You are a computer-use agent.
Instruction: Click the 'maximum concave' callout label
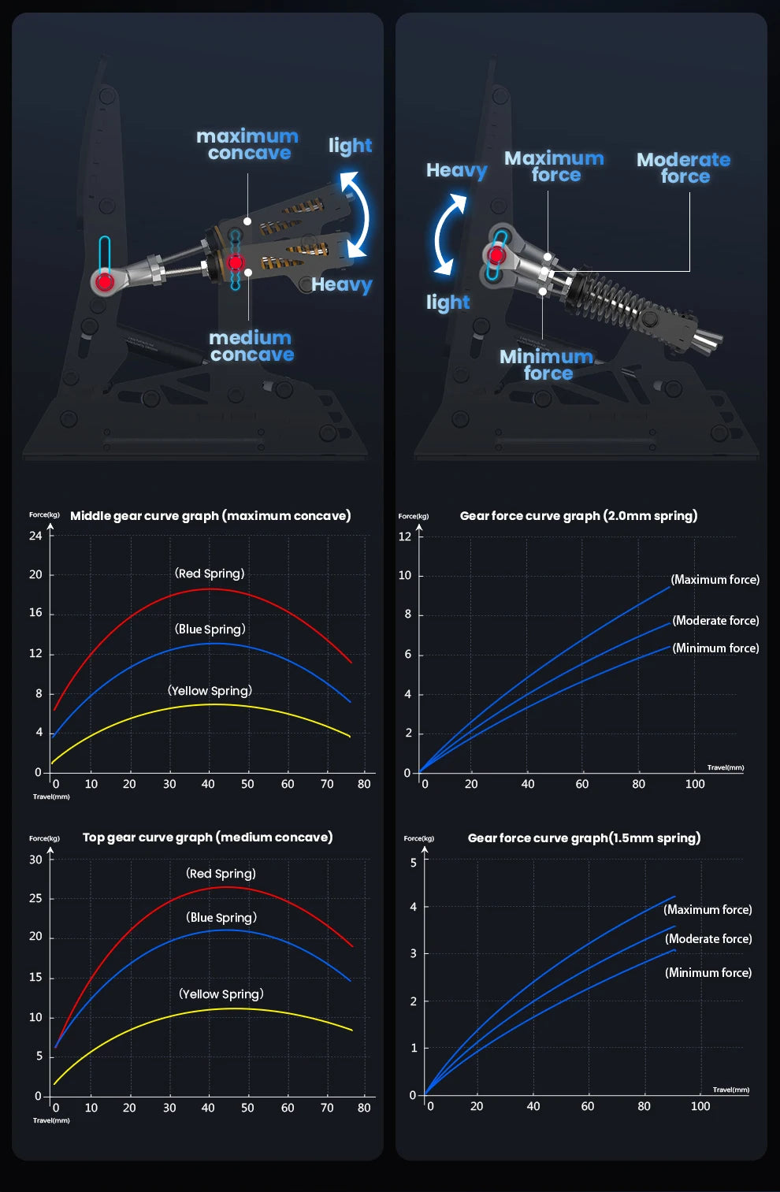247,144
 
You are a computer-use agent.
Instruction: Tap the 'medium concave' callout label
251,346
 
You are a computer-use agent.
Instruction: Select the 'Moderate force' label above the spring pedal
684,168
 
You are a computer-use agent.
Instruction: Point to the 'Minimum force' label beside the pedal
547,365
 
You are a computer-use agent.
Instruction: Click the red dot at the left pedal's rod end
105,281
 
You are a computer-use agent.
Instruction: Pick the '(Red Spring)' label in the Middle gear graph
210,574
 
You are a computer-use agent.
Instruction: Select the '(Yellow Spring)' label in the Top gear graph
221,994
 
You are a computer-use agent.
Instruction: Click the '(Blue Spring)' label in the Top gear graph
221,917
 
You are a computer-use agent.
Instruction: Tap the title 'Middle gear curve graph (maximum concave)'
210,516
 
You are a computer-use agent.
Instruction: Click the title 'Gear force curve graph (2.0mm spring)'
579,516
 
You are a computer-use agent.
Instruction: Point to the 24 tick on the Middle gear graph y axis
35,536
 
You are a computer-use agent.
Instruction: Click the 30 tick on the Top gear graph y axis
35,860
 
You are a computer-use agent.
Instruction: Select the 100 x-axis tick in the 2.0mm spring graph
695,784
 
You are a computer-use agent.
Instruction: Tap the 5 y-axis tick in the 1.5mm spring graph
414,863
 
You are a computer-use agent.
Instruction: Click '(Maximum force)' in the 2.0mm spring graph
715,580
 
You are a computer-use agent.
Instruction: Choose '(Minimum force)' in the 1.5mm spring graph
709,973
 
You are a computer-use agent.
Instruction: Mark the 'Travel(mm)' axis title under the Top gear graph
51,1120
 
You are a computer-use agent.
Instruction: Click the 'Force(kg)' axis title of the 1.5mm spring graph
418,838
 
